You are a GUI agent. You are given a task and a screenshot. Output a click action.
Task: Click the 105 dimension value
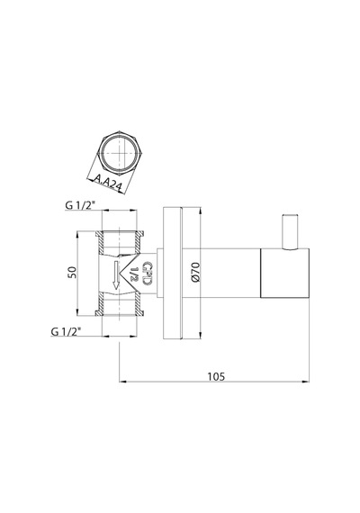click(216, 376)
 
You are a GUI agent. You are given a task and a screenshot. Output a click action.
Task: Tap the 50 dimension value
click(72, 273)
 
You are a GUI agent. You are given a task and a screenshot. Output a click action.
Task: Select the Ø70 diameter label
click(194, 272)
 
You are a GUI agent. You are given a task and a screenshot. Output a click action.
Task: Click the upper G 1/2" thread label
click(80, 205)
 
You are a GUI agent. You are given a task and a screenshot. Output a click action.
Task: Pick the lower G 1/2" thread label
click(66, 332)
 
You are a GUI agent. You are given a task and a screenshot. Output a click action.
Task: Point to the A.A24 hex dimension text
click(108, 182)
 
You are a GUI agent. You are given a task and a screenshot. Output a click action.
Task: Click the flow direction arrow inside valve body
click(115, 275)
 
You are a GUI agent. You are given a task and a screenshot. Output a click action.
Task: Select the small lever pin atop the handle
click(291, 232)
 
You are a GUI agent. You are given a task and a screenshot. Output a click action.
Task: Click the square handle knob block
click(284, 274)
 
